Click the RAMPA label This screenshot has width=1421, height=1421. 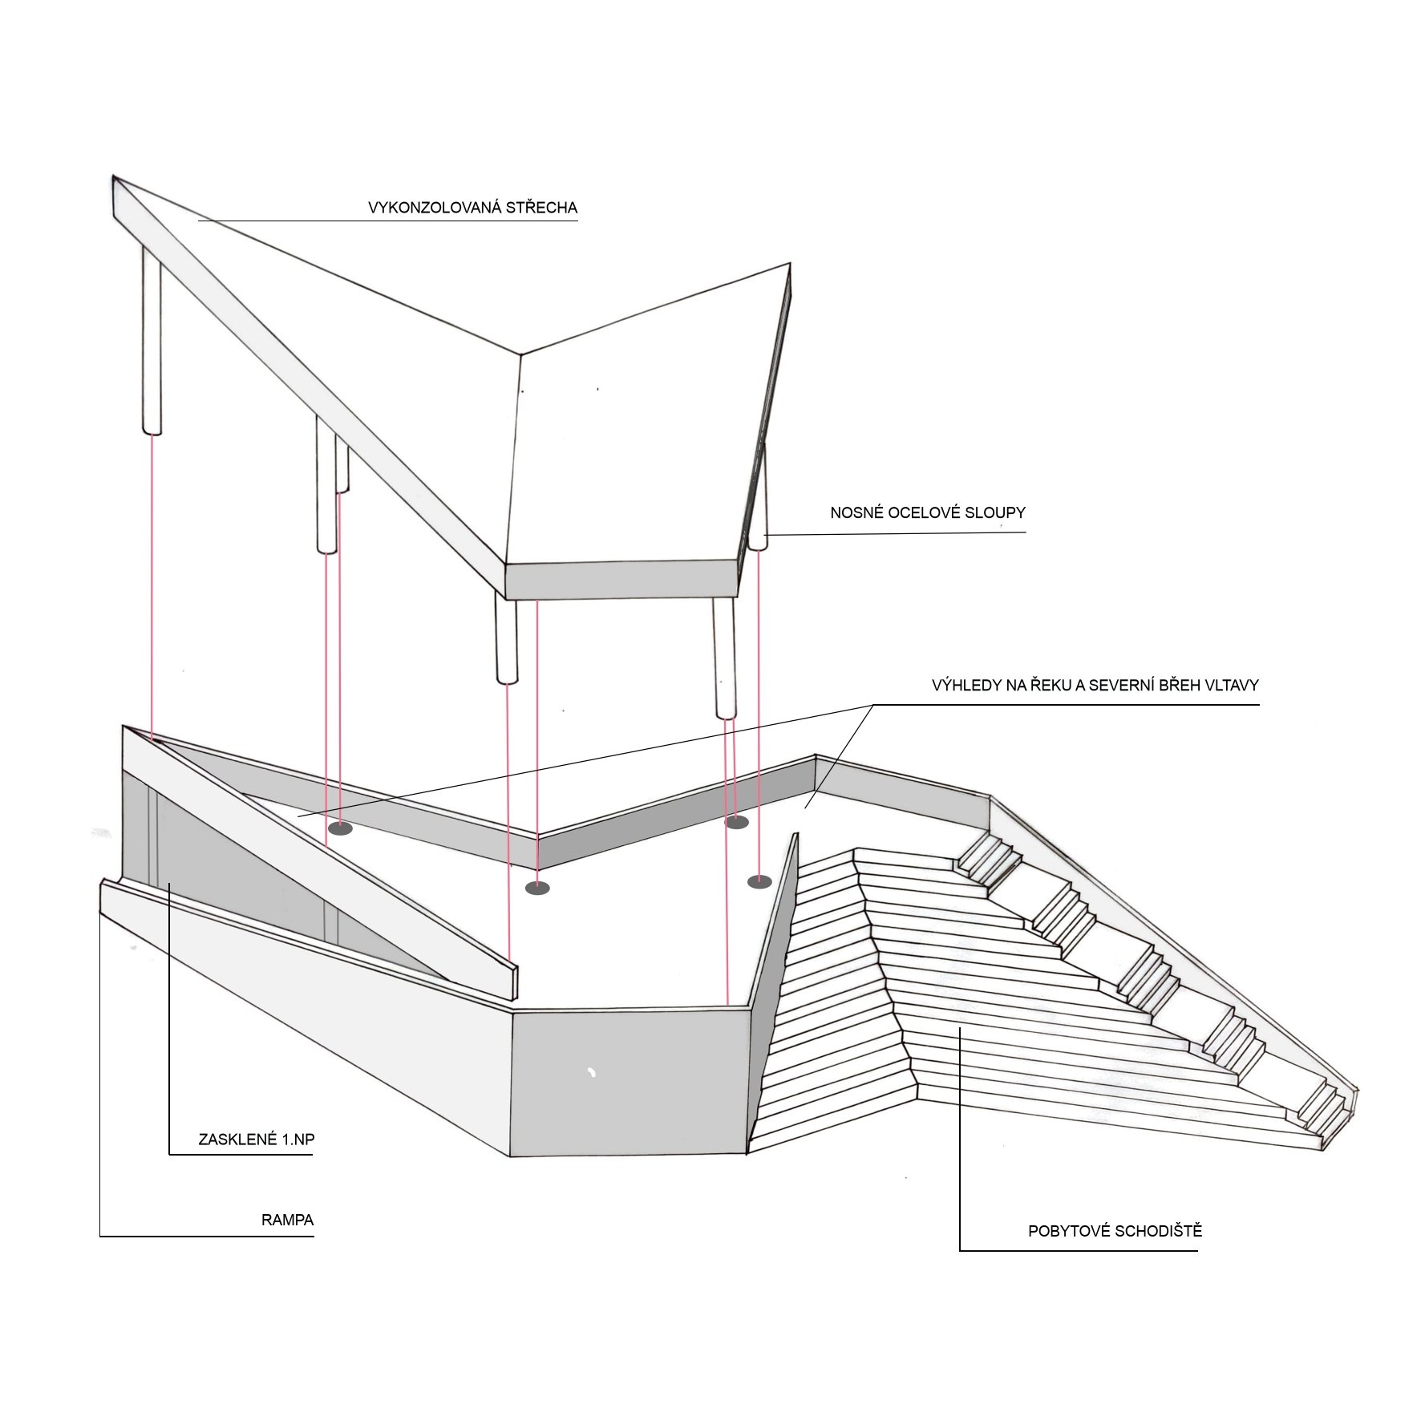pos(287,1221)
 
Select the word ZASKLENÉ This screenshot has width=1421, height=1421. pos(234,1139)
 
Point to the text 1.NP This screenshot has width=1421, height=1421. pos(294,1139)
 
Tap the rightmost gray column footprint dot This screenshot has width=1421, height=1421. pos(759,882)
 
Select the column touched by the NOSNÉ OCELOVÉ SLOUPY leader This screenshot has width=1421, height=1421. pos(759,497)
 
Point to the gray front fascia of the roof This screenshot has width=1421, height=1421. pos(621,580)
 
